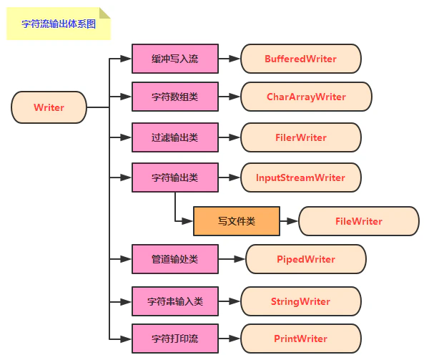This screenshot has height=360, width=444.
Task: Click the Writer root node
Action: click(49, 108)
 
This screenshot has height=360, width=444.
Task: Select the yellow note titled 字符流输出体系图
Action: click(57, 23)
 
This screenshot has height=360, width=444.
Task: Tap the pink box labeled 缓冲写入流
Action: click(175, 59)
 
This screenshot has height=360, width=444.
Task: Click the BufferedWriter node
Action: click(300, 59)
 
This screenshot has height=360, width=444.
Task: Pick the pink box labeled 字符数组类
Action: click(175, 97)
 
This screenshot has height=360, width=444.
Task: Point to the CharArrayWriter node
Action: click(306, 97)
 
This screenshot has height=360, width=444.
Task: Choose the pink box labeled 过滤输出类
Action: click(175, 137)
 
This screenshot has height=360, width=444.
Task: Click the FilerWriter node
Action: click(300, 137)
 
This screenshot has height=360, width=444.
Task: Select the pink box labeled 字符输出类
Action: click(175, 177)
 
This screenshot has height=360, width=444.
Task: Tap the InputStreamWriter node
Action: click(300, 177)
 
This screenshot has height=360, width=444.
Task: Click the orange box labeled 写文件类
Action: click(236, 221)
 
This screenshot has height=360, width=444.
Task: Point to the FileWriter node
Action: click(358, 221)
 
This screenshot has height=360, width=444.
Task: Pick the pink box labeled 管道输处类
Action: click(175, 259)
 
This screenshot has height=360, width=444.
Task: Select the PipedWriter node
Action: click(305, 259)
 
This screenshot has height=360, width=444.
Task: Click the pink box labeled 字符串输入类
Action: click(175, 301)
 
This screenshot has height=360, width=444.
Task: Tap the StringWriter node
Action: click(300, 301)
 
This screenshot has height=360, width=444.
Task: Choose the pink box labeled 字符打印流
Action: click(175, 339)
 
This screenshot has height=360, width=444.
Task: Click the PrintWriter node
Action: click(300, 339)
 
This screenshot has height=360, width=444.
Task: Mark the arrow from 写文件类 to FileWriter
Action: click(289, 221)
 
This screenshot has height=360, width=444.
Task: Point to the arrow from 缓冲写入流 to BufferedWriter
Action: click(230, 59)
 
